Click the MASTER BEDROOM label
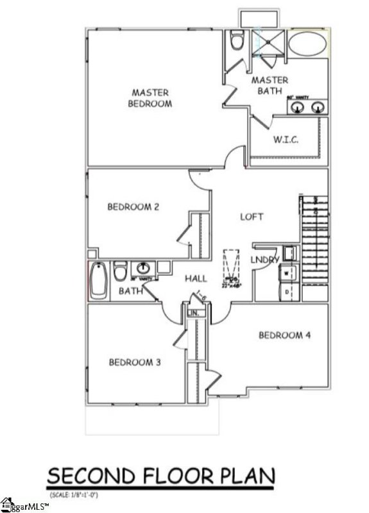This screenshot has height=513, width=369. [151, 97]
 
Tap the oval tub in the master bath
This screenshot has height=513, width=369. [309, 46]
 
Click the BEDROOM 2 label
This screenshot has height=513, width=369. [133, 206]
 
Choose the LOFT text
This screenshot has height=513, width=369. [252, 217]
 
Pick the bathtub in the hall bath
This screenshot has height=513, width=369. [98, 281]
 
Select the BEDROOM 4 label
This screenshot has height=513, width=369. [284, 335]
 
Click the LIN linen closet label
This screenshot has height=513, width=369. [195, 313]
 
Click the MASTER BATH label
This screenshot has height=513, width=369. [270, 86]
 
